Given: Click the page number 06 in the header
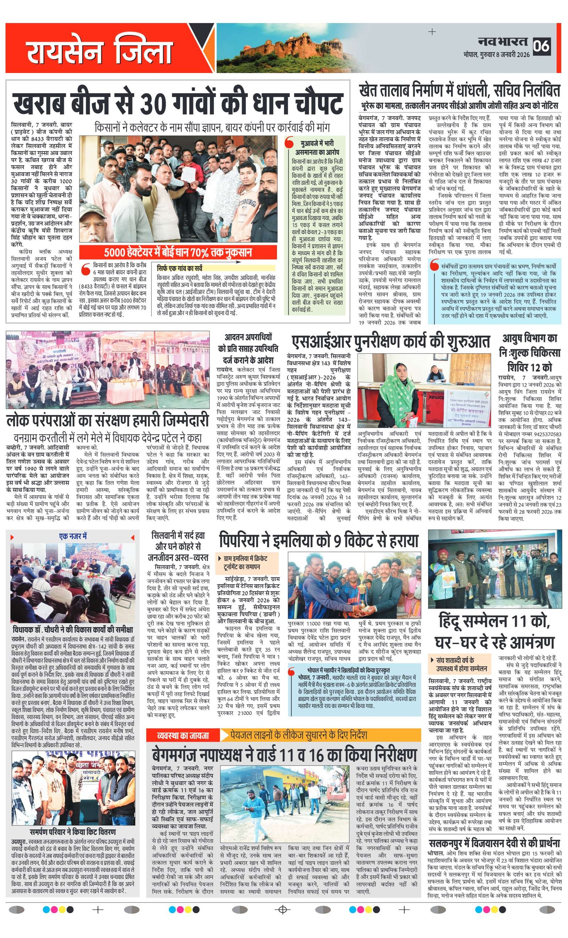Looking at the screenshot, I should [x=541, y=46].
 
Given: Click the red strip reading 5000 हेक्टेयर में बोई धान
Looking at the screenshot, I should [x=178, y=252].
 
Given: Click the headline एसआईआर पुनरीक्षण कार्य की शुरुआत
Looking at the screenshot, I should [x=390, y=342].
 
